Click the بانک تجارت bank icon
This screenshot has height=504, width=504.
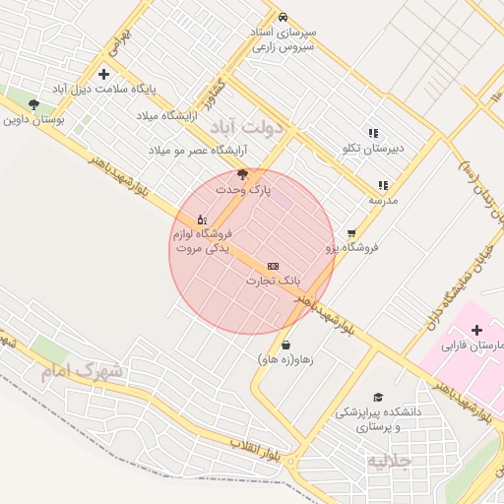[x=273, y=267]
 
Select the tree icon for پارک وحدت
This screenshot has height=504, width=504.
[x=242, y=174]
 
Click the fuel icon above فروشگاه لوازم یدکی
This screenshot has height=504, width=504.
[x=202, y=219]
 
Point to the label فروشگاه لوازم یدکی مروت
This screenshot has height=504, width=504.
[x=202, y=241]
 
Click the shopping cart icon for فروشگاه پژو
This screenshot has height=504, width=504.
[x=351, y=233]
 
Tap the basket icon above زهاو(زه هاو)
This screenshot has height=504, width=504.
[x=285, y=346]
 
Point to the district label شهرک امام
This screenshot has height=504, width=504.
[x=83, y=371]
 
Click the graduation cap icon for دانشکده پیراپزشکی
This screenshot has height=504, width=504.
[x=378, y=397]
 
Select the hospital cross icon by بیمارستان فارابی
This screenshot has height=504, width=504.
[x=477, y=330]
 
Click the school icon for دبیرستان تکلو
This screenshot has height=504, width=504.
[x=373, y=133]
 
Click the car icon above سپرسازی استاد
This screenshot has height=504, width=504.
[x=283, y=18]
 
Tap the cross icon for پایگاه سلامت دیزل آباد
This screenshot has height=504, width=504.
[x=104, y=74]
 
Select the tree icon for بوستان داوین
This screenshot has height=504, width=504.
[x=34, y=103]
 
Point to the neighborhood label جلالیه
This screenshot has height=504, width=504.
[x=389, y=461]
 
